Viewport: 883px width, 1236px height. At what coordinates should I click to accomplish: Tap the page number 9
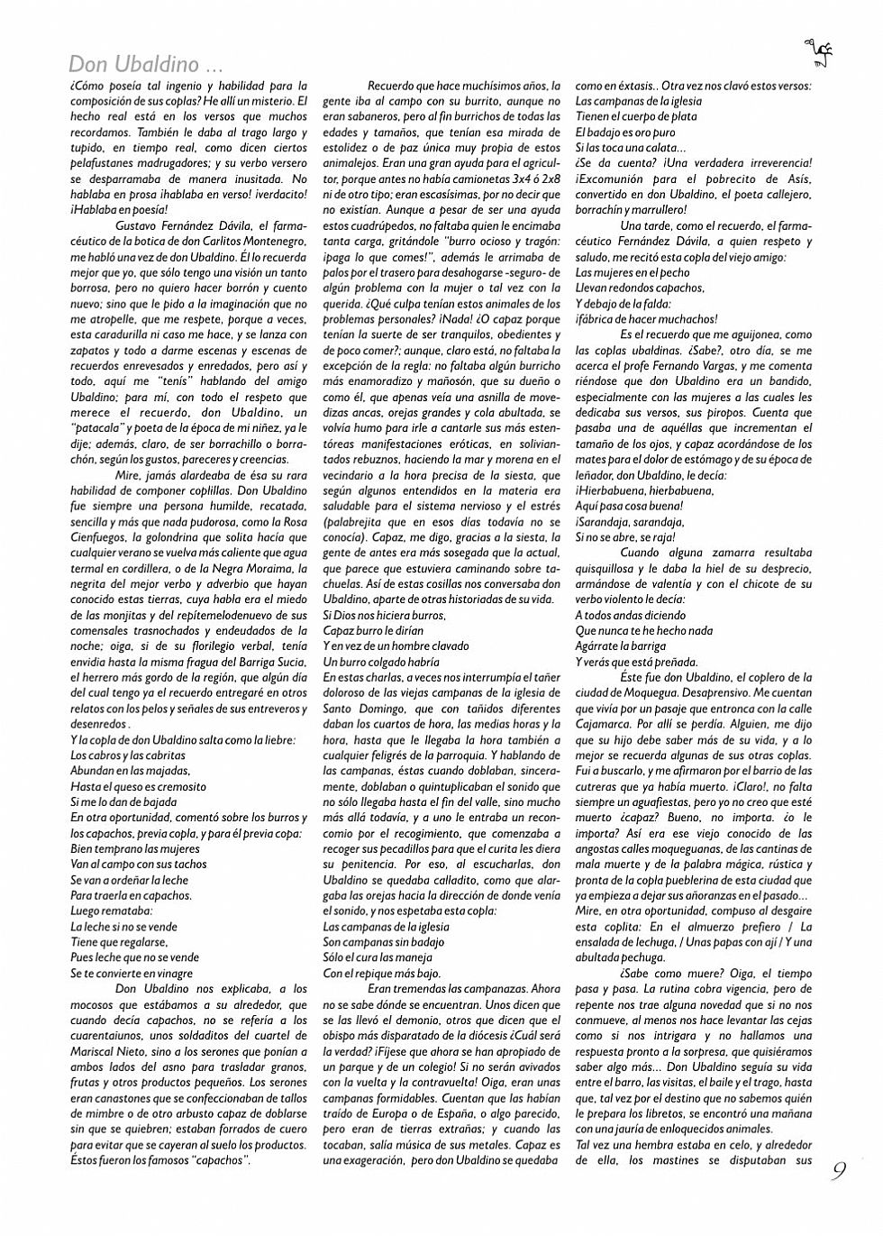(x=839, y=1170)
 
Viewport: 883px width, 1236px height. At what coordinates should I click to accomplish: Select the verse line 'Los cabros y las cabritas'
(x=128, y=755)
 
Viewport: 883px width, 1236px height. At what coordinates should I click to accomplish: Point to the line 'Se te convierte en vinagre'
(x=132, y=974)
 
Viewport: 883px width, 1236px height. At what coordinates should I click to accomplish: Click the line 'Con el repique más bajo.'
(x=382, y=974)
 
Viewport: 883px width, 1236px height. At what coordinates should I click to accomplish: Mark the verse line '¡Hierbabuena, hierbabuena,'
(x=644, y=490)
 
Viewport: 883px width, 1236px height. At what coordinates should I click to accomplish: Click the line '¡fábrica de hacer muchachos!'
(x=646, y=319)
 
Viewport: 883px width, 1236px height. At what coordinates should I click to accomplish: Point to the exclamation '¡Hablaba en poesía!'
(x=119, y=210)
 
